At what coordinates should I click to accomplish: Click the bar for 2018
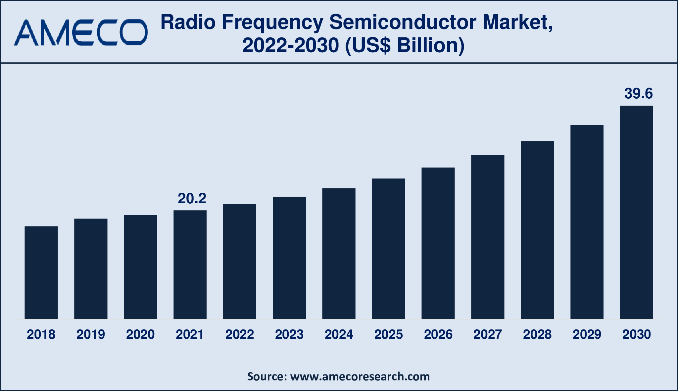tap(41, 272)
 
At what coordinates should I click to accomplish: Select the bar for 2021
tap(190, 265)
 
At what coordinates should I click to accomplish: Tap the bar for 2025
tap(388, 249)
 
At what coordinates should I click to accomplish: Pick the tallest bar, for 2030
tap(636, 212)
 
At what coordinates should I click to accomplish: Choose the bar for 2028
tap(537, 230)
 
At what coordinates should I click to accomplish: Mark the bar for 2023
tap(289, 258)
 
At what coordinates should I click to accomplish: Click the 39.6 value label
tap(638, 94)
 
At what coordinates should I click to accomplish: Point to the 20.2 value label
tap(192, 198)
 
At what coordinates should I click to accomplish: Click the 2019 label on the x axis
tap(91, 334)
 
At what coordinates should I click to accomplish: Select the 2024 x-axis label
tap(339, 334)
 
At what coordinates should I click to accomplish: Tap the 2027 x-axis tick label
tap(488, 334)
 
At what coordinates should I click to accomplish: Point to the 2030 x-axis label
tap(637, 334)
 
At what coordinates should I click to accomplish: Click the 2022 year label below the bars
tap(240, 334)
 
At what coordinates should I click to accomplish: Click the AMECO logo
tap(81, 32)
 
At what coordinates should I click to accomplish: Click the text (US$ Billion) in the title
tap(405, 45)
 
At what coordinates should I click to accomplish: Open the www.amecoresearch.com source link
tap(360, 376)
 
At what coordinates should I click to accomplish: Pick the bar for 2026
tap(438, 243)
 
